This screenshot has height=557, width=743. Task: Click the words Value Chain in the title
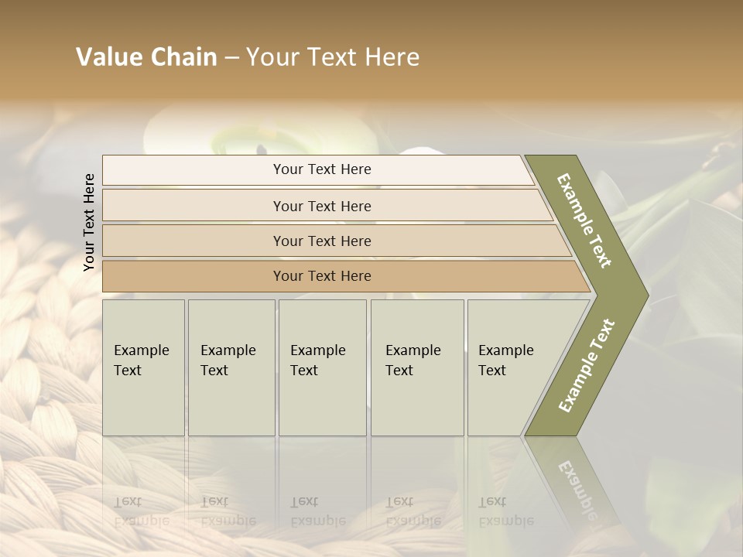(x=146, y=57)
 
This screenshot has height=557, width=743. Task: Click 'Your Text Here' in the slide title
(x=333, y=57)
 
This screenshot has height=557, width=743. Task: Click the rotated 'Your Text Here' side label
(x=89, y=222)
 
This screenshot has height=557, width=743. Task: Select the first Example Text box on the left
(x=143, y=367)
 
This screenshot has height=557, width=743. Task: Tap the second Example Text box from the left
(x=231, y=367)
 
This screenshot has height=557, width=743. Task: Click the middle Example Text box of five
(x=322, y=367)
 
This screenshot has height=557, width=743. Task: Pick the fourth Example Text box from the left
(x=417, y=367)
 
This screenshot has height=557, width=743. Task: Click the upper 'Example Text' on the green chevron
(x=585, y=220)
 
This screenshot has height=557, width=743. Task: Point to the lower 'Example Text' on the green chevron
(x=587, y=365)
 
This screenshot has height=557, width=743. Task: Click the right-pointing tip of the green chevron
(x=644, y=296)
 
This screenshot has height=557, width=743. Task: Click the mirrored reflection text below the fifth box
(x=505, y=511)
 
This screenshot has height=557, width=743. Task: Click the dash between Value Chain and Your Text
(x=231, y=58)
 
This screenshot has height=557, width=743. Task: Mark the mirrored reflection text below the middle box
(x=317, y=511)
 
